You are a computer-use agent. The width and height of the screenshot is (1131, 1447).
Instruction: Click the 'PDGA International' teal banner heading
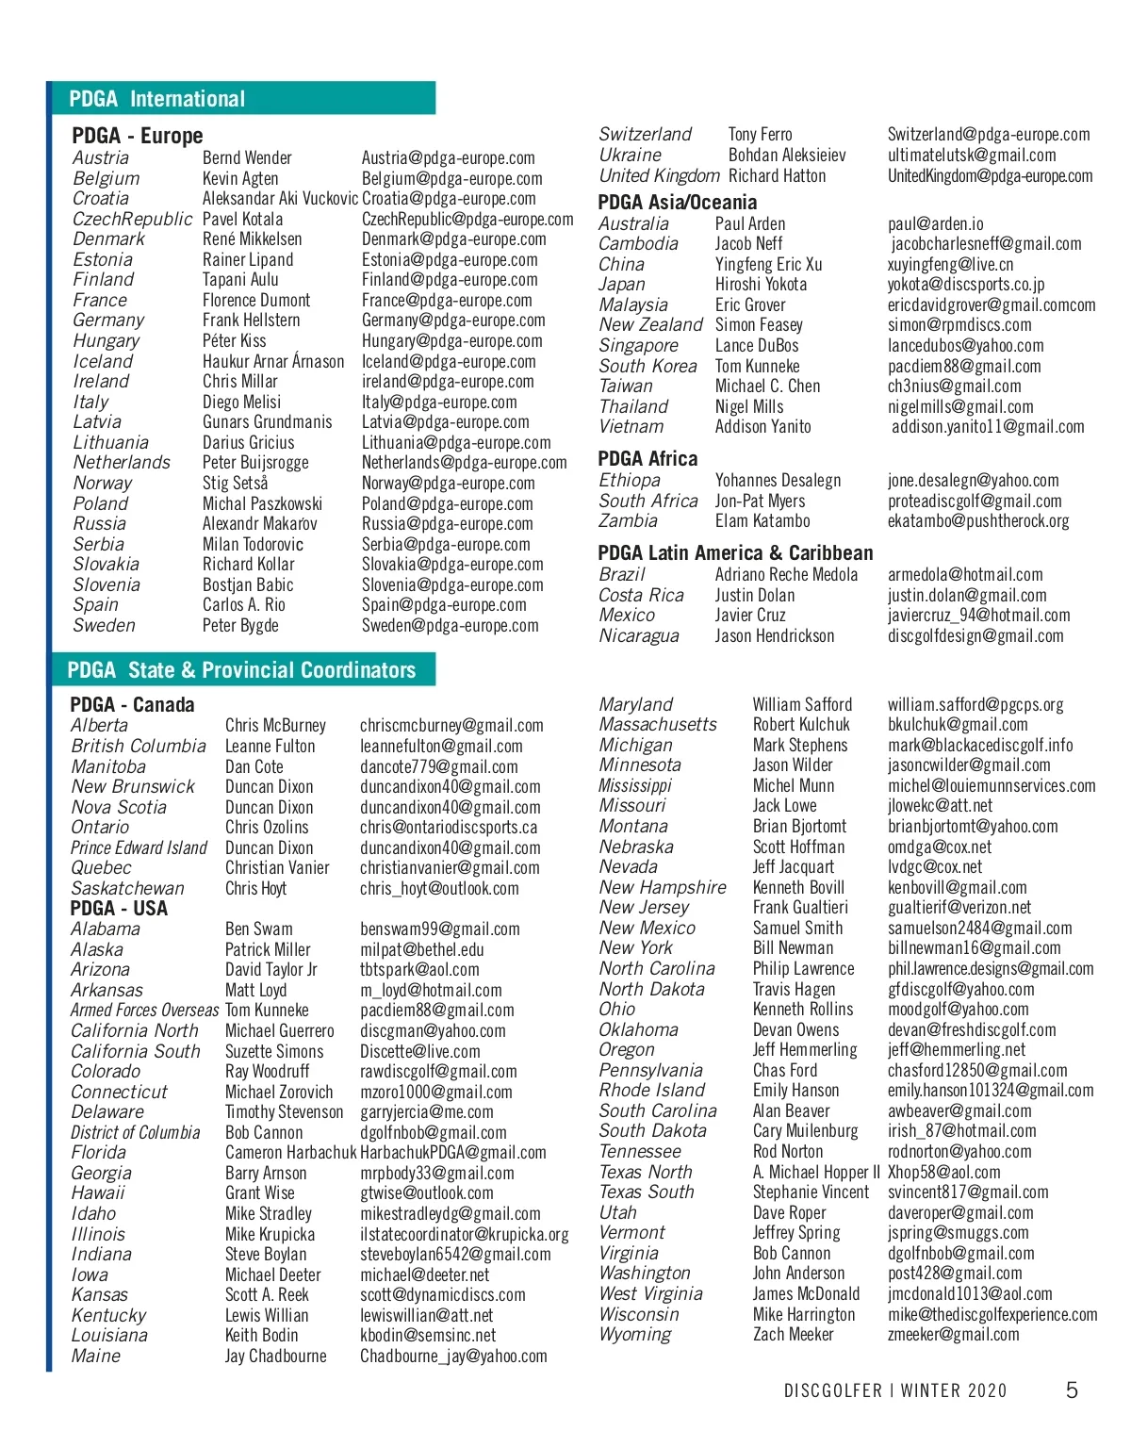pyautogui.click(x=157, y=99)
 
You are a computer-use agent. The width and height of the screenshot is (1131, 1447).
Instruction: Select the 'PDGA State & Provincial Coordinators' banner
pyautogui.click(x=241, y=670)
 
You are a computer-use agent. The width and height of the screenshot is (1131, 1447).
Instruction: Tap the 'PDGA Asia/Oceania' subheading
pyautogui.click(x=677, y=202)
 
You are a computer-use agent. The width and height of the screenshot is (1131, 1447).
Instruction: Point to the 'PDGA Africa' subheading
pyautogui.click(x=647, y=459)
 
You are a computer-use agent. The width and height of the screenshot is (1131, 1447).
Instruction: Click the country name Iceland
pyautogui.click(x=103, y=361)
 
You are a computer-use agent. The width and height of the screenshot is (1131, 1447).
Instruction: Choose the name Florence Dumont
pyautogui.click(x=256, y=301)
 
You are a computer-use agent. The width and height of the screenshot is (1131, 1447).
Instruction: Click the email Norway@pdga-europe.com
pyautogui.click(x=448, y=484)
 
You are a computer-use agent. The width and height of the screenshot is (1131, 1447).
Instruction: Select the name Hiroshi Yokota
pyautogui.click(x=761, y=285)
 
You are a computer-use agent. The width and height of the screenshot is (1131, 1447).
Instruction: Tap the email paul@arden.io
pyautogui.click(x=935, y=224)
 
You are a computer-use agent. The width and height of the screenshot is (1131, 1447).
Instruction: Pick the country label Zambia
pyautogui.click(x=628, y=520)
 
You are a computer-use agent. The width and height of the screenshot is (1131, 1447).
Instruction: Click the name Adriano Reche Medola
pyautogui.click(x=786, y=574)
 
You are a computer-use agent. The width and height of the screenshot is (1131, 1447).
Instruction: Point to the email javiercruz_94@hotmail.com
pyautogui.click(x=978, y=616)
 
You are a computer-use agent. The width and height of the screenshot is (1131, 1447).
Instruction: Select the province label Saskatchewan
pyautogui.click(x=127, y=888)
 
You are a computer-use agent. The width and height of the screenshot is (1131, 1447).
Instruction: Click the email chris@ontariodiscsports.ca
pyautogui.click(x=449, y=828)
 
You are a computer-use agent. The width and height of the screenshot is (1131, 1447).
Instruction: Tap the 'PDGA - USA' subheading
pyautogui.click(x=119, y=909)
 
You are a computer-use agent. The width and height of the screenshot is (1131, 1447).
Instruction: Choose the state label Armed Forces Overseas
pyautogui.click(x=144, y=1010)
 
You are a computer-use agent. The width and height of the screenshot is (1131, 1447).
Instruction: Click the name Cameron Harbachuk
pyautogui.click(x=290, y=1152)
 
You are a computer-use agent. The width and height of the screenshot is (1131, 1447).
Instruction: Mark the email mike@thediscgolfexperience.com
pyautogui.click(x=992, y=1314)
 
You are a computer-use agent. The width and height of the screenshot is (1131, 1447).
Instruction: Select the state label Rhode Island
pyautogui.click(x=651, y=1091)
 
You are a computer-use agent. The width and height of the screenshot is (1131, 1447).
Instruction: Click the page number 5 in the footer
pyautogui.click(x=1072, y=1390)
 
